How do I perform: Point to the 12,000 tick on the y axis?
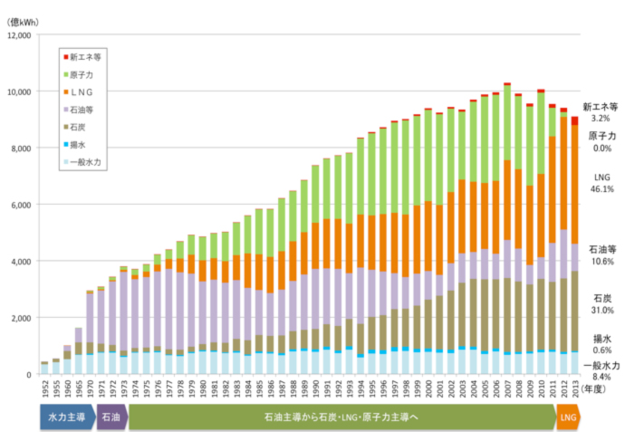pyautogui.click(x=18, y=35)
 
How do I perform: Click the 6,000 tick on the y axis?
pyautogui.click(x=21, y=205)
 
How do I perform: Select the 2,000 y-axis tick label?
pyautogui.click(x=21, y=318)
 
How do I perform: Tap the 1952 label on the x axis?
pyautogui.click(x=44, y=394)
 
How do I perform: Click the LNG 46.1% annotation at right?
pyautogui.click(x=602, y=183)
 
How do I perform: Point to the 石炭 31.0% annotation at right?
pyautogui.click(x=602, y=303)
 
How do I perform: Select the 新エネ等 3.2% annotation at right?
pyautogui.click(x=601, y=112)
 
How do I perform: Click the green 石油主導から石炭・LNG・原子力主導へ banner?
pyautogui.click(x=342, y=418)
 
